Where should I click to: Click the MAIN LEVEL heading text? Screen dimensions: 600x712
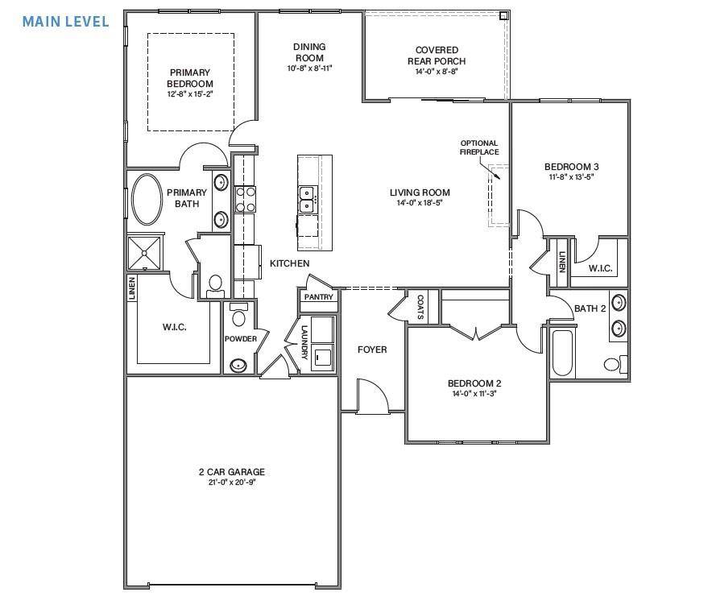tap(65, 21)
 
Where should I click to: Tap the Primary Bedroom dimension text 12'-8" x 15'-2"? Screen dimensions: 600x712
tap(190, 94)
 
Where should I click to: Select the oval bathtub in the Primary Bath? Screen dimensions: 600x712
tap(146, 200)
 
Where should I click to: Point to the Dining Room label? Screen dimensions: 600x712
tap(309, 52)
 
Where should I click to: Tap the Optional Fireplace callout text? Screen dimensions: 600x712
tap(478, 147)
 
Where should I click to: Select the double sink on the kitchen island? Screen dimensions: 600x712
tap(307, 199)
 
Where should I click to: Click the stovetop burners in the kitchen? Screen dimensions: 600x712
tap(245, 199)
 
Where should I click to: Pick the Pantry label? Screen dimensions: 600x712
tap(318, 297)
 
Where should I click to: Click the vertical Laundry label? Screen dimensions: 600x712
tap(304, 342)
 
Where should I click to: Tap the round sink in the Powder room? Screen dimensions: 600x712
tap(238, 365)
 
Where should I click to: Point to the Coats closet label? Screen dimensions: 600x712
tap(420, 307)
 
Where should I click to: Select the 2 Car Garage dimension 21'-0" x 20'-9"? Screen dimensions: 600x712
tap(232, 482)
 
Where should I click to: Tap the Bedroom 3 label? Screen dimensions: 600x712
tap(571, 168)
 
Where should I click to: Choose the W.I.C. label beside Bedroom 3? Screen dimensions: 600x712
tap(600, 268)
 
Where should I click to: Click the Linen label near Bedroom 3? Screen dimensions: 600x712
tap(561, 262)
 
